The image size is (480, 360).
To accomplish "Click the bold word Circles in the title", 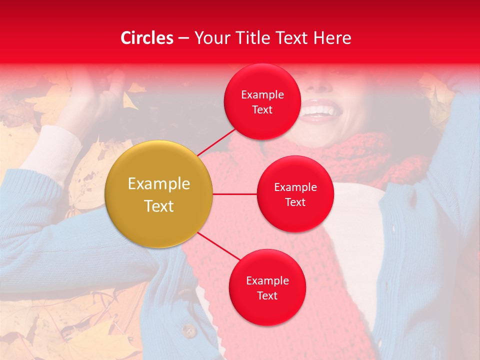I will click(x=147, y=38).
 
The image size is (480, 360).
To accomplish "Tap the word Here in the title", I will click(x=332, y=38).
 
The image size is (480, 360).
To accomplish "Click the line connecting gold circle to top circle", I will click(x=217, y=141).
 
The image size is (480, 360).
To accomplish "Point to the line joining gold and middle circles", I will click(x=235, y=194).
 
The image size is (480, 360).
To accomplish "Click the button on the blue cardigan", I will click(x=188, y=330).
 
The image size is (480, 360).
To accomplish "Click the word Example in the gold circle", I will click(x=159, y=184).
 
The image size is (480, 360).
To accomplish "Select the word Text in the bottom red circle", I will click(x=267, y=295).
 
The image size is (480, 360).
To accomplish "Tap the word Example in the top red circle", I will click(x=262, y=95).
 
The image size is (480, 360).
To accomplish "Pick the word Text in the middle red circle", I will click(x=295, y=202).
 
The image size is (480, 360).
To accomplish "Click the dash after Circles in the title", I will click(x=183, y=38).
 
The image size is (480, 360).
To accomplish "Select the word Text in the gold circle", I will click(x=159, y=206).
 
